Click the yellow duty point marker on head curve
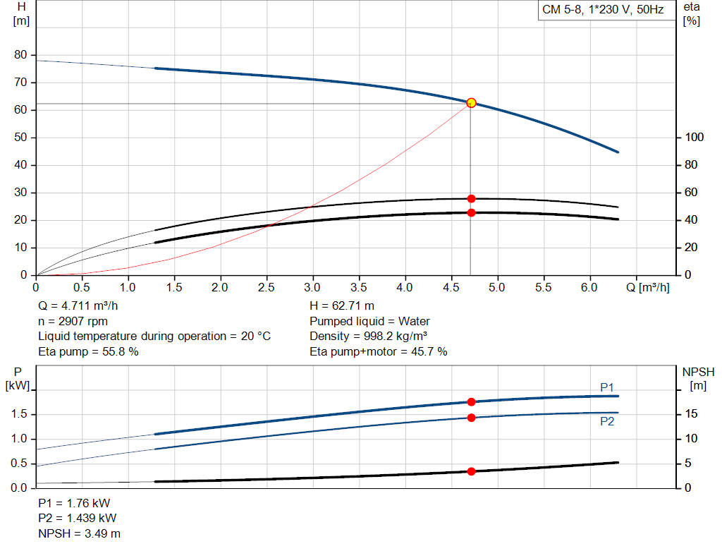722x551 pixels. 471,103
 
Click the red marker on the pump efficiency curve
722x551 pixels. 471,198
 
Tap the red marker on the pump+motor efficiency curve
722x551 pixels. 471,212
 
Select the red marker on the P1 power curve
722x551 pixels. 471,402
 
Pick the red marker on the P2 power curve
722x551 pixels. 471,418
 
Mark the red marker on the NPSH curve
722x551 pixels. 471,471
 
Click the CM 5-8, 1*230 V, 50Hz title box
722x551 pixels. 603,10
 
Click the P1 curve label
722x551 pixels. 607,387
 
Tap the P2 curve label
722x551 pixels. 607,421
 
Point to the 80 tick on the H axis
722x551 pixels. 20,55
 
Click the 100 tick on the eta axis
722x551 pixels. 693,138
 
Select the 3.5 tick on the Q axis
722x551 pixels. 359,288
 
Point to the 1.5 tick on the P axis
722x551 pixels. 19,414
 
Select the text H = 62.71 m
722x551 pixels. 342,306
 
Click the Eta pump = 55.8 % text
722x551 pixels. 88,351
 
